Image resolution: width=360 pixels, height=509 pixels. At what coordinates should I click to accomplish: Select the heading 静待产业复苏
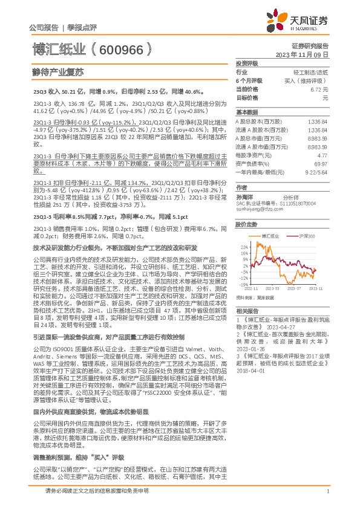57,71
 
